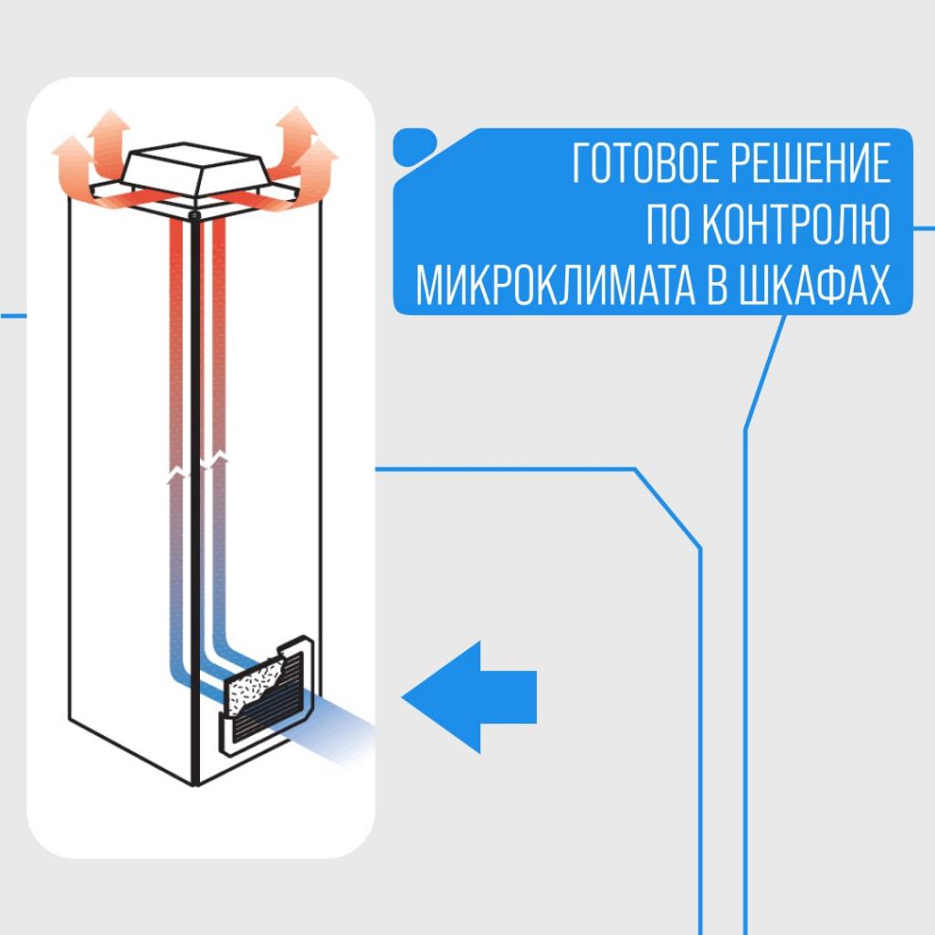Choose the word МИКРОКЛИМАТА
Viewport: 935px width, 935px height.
click(560, 287)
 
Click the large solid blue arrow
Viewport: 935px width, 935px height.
click(469, 697)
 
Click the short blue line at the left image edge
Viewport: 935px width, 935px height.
click(13, 316)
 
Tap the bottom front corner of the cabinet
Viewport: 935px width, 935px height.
click(197, 783)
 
